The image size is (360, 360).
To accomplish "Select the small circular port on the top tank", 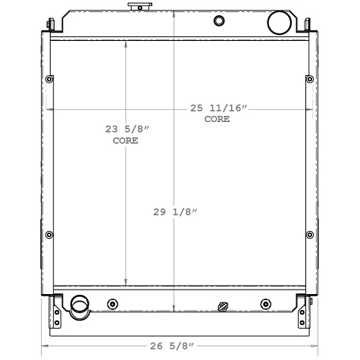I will pyautogui.click(x=219, y=20).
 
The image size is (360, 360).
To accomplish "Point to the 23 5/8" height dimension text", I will pyautogui.click(x=126, y=130).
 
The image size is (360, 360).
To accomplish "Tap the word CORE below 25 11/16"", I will pyautogui.click(x=216, y=120).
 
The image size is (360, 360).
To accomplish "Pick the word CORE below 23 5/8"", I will pyautogui.click(x=126, y=141).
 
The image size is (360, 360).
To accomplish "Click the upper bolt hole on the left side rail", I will pyautogui.click(x=49, y=80).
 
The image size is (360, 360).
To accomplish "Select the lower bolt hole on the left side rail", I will pyautogui.click(x=49, y=234).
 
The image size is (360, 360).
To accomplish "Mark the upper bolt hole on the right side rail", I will pyautogui.click(x=308, y=80).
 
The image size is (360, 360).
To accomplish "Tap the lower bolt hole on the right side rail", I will pyautogui.click(x=308, y=234).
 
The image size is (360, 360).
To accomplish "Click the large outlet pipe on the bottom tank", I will pyautogui.click(x=79, y=305).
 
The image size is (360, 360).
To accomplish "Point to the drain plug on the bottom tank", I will pyautogui.click(x=222, y=307).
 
